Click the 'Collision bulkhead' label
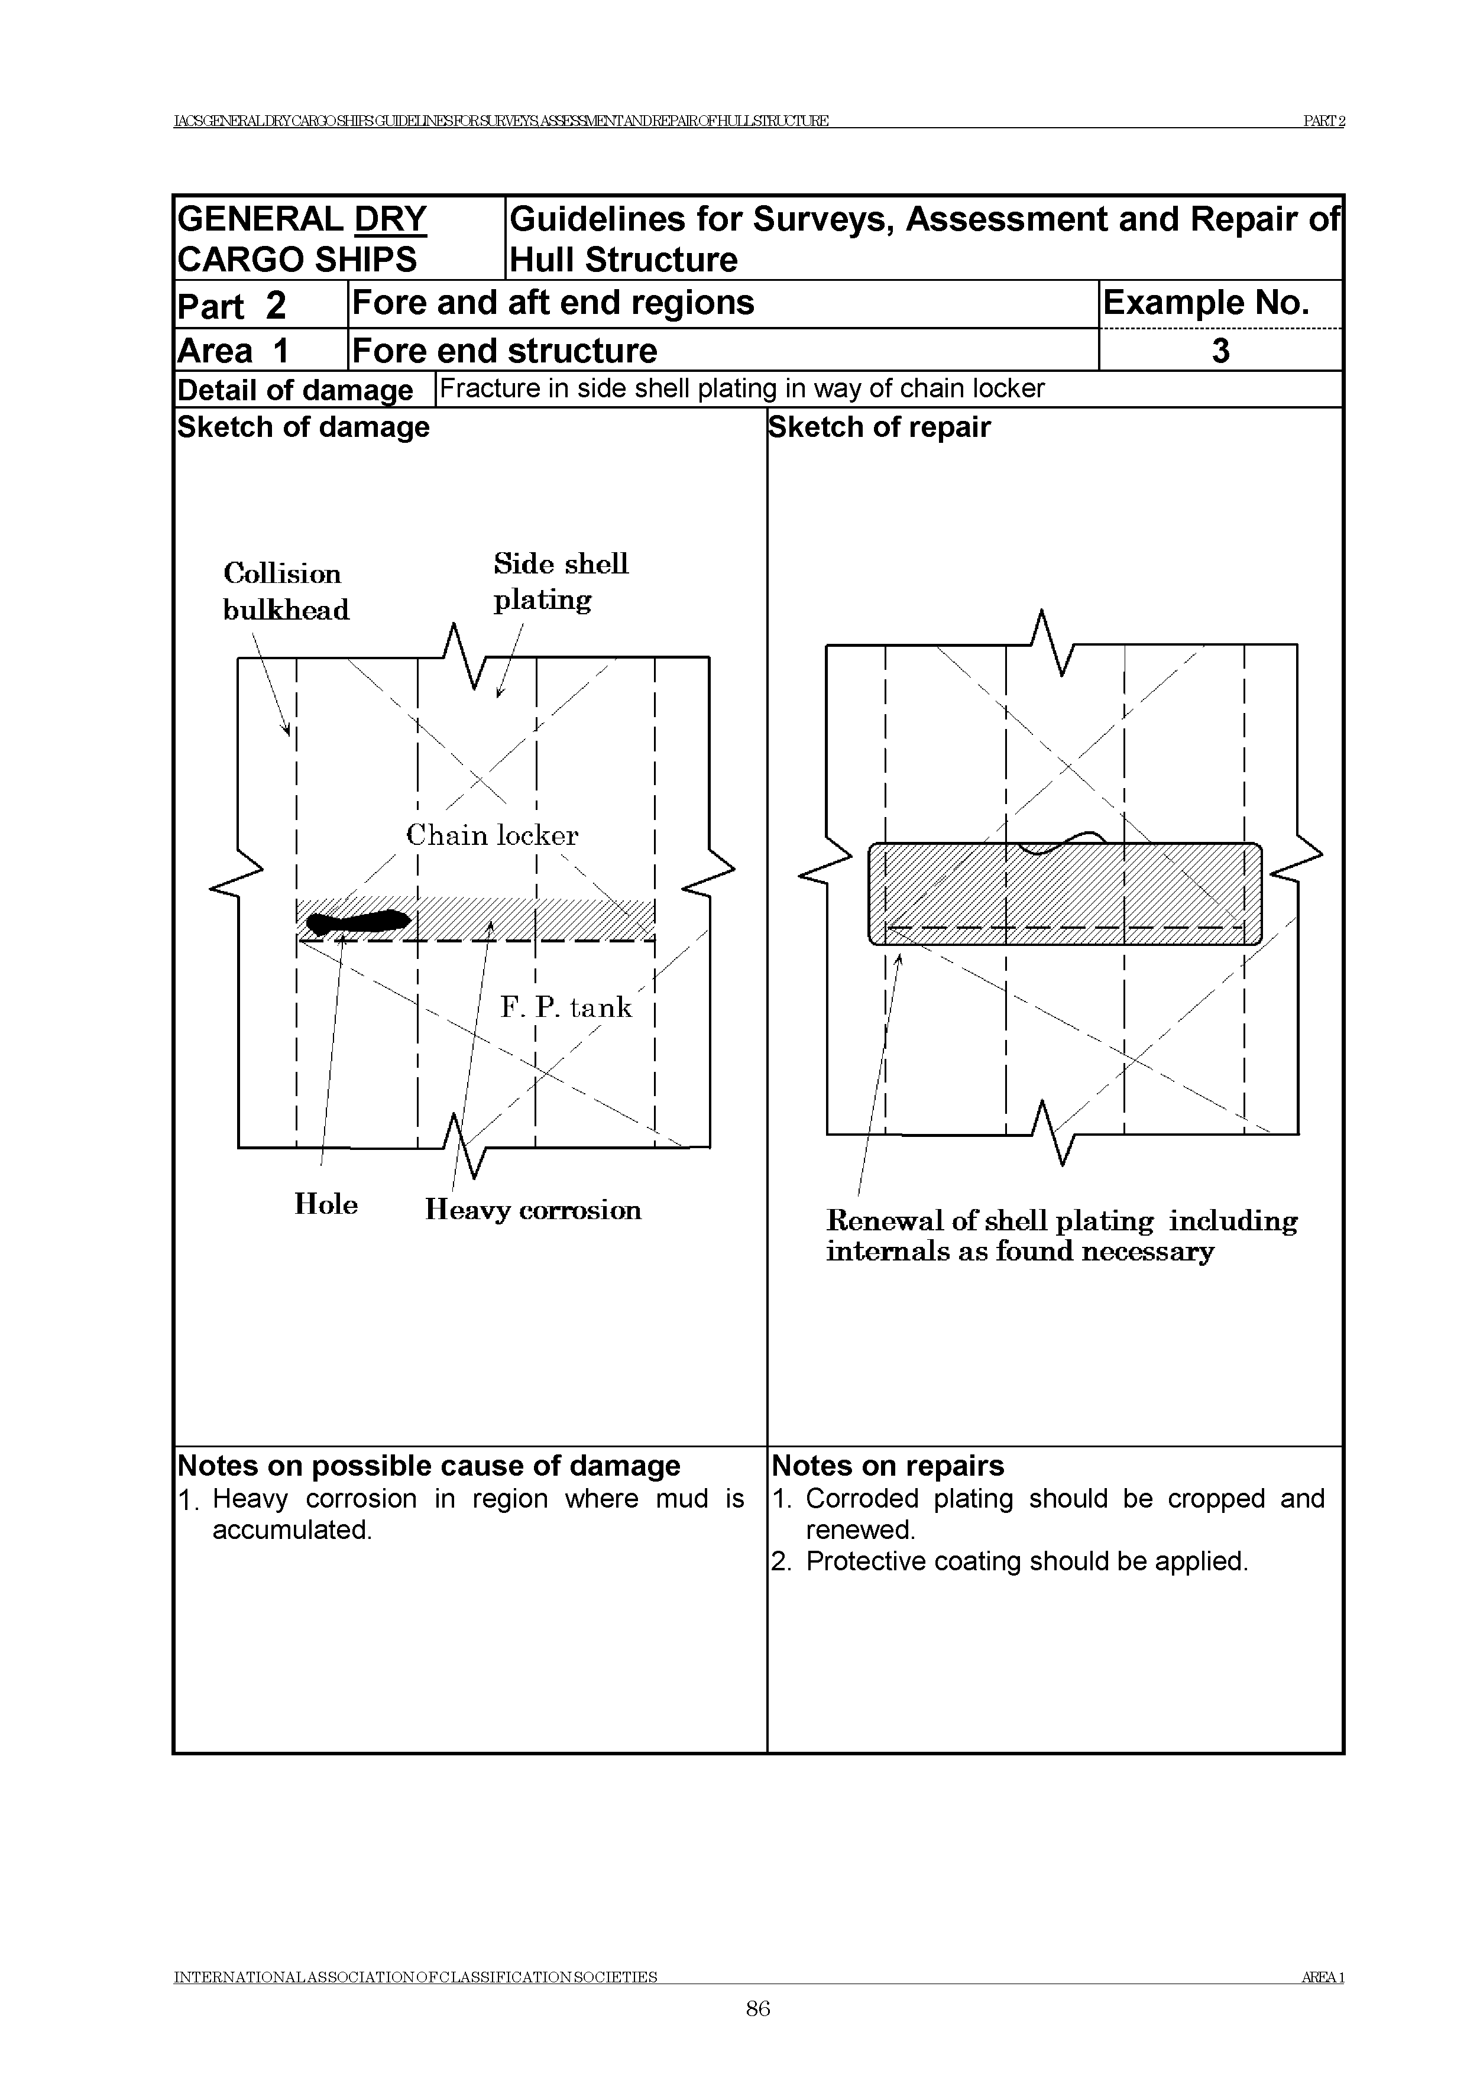[286, 592]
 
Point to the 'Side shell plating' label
[560, 582]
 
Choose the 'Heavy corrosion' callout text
[533, 1210]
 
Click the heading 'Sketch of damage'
[303, 427]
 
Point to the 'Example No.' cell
[1206, 303]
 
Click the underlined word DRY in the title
[390, 219]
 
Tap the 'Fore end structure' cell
[504, 351]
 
